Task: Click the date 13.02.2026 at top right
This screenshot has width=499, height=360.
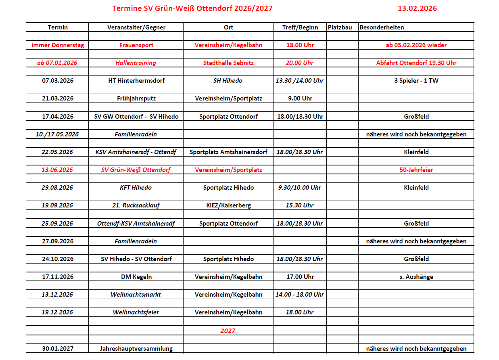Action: click(417, 8)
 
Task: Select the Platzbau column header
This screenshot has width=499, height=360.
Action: click(340, 27)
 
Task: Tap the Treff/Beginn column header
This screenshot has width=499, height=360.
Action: click(300, 27)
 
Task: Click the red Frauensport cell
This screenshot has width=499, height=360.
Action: click(136, 45)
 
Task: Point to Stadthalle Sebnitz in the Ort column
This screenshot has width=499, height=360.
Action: click(228, 63)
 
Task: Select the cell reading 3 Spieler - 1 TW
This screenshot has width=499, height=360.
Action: click(416, 81)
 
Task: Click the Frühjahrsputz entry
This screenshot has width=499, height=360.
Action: click(136, 98)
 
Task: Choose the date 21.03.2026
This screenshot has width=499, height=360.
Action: click(58, 98)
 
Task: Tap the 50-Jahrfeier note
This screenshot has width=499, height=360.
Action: click(416, 170)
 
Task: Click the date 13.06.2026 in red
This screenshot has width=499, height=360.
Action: click(57, 170)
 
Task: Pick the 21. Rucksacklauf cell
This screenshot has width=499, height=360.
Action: click(136, 205)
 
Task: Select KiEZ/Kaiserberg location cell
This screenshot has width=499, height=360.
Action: click(228, 205)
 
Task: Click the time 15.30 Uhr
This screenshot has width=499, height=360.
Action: click(300, 205)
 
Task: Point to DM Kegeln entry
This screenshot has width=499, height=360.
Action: click(136, 277)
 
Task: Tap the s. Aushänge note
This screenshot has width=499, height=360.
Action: click(416, 277)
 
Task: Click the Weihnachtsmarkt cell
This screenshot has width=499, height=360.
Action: click(136, 295)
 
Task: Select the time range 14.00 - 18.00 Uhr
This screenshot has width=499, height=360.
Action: click(300, 295)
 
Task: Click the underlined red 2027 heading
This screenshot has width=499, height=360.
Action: click(228, 331)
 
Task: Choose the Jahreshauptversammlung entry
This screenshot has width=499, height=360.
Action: click(136, 349)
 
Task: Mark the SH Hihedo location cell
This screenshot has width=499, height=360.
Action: click(228, 81)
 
